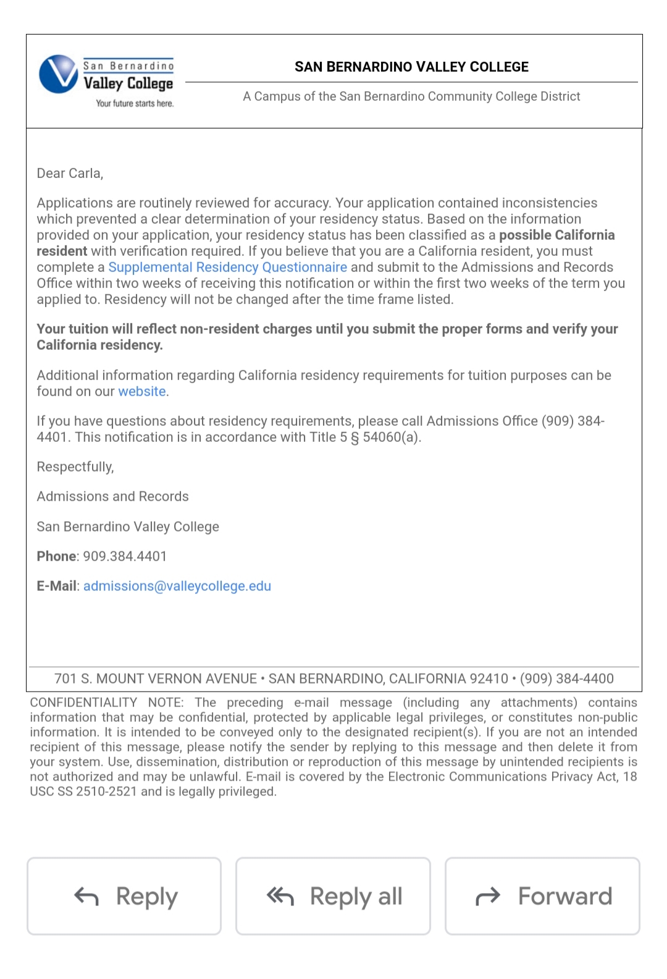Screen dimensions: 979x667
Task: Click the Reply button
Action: pyautogui.click(x=124, y=896)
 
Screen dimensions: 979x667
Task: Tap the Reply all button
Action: pyautogui.click(x=333, y=896)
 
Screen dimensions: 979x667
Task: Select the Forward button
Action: pyautogui.click(x=542, y=896)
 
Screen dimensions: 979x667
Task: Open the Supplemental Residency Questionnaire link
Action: pyautogui.click(x=227, y=267)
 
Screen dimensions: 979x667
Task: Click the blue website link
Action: pyautogui.click(x=142, y=391)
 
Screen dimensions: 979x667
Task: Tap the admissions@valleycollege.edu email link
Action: pyautogui.click(x=177, y=586)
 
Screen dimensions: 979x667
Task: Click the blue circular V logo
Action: pyautogui.click(x=59, y=74)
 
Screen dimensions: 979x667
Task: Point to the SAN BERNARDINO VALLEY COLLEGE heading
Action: pyautogui.click(x=411, y=67)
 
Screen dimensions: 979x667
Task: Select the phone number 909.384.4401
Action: pyautogui.click(x=125, y=556)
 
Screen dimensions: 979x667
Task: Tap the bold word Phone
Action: pyautogui.click(x=56, y=556)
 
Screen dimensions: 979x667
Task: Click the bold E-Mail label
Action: pyautogui.click(x=57, y=586)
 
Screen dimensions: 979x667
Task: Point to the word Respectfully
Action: pyautogui.click(x=75, y=467)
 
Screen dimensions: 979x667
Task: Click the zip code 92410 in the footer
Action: pyautogui.click(x=489, y=679)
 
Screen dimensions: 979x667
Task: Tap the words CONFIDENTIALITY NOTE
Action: pyautogui.click(x=106, y=703)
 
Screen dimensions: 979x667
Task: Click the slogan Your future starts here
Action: pyautogui.click(x=135, y=103)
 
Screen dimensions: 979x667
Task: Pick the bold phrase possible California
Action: pyautogui.click(x=556, y=235)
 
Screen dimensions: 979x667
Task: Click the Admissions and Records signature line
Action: pyautogui.click(x=112, y=496)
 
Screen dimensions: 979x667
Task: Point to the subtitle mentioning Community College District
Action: pyautogui.click(x=411, y=96)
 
